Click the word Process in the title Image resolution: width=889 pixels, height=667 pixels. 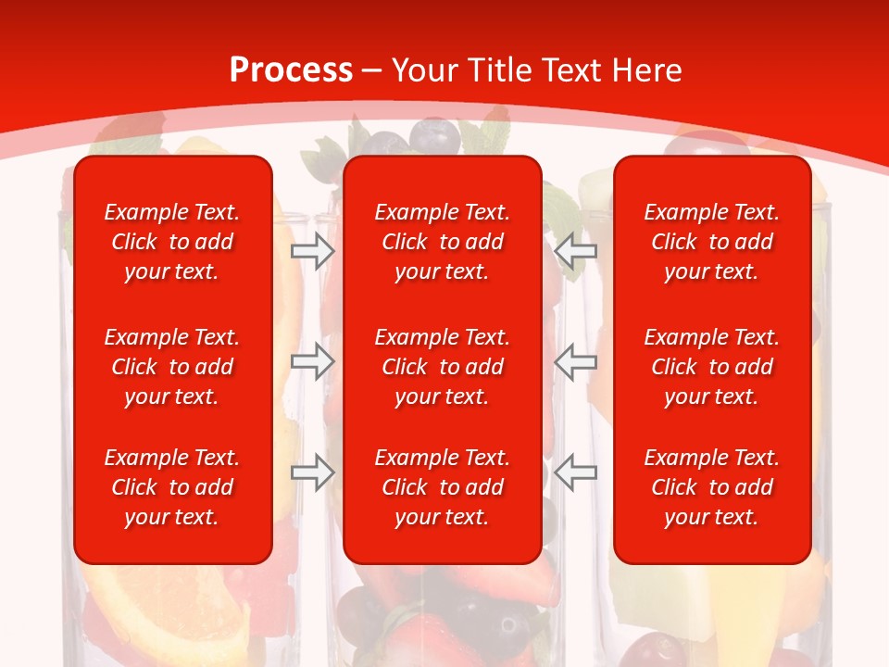point(291,70)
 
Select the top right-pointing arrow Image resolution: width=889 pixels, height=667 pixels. point(313,250)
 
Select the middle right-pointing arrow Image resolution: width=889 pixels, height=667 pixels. point(313,361)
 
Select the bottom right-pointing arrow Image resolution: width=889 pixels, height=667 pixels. point(313,472)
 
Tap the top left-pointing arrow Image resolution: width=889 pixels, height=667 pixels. point(576,250)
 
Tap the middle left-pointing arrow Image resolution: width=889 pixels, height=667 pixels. point(576,361)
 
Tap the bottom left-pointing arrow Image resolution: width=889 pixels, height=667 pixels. point(576,472)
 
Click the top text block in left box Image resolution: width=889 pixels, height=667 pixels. point(172,242)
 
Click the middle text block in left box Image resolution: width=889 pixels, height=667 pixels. point(172,367)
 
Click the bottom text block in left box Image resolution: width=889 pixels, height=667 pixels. point(172,487)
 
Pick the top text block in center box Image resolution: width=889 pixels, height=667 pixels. point(443,242)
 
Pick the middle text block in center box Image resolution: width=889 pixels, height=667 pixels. point(443,367)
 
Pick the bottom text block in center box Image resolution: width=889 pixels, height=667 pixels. point(443,487)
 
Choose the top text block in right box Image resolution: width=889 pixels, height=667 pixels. point(712,242)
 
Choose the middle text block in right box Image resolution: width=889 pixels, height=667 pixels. point(712,367)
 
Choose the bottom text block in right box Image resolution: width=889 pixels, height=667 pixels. point(712,487)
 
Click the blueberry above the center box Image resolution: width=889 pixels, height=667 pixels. point(433,136)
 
